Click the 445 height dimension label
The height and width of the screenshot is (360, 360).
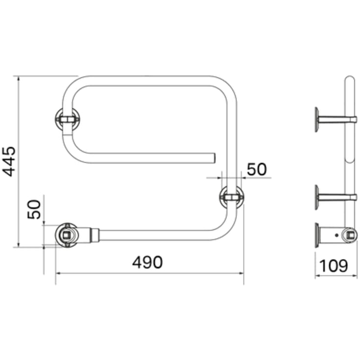pyautogui.click(x=9, y=162)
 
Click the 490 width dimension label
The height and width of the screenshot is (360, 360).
pyautogui.click(x=147, y=263)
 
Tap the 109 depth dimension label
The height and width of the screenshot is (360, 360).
pyautogui.click(x=334, y=265)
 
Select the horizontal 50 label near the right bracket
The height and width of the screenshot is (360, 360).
pyautogui.click(x=257, y=169)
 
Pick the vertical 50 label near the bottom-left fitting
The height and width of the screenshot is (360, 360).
pyautogui.click(x=34, y=210)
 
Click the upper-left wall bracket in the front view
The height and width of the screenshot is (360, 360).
pyautogui.click(x=68, y=119)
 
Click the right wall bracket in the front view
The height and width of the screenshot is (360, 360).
pyautogui.click(x=232, y=197)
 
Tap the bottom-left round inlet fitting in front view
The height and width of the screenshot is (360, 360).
pyautogui.click(x=67, y=235)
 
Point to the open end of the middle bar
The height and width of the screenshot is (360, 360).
pyautogui.click(x=214, y=158)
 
